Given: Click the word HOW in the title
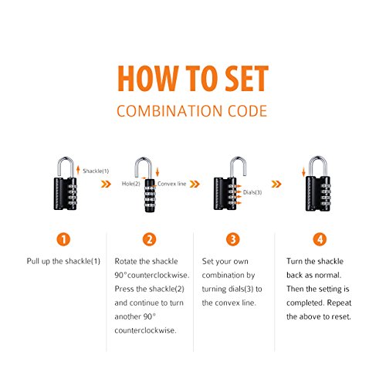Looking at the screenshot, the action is (x=148, y=78).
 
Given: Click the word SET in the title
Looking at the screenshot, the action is (x=246, y=78).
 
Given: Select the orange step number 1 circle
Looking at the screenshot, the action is (x=63, y=239).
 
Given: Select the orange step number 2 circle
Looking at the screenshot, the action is (x=150, y=239).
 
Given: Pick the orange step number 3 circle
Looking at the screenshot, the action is (x=233, y=239).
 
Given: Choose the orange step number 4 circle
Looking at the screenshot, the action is (x=320, y=239).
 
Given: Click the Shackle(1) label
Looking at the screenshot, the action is (x=96, y=171).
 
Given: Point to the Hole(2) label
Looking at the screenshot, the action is (x=131, y=184).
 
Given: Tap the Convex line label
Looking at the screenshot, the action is (x=171, y=184).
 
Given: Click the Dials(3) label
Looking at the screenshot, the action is (x=252, y=192).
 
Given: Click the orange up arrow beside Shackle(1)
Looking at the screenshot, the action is (x=78, y=170).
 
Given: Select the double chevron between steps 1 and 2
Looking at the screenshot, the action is (x=106, y=184).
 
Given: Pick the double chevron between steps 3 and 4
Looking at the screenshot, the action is (x=276, y=184).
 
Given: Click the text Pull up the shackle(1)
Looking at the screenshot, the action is (x=63, y=261).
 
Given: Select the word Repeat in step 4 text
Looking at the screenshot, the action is (x=339, y=303).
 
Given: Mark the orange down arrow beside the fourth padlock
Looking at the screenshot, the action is (x=303, y=171).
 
